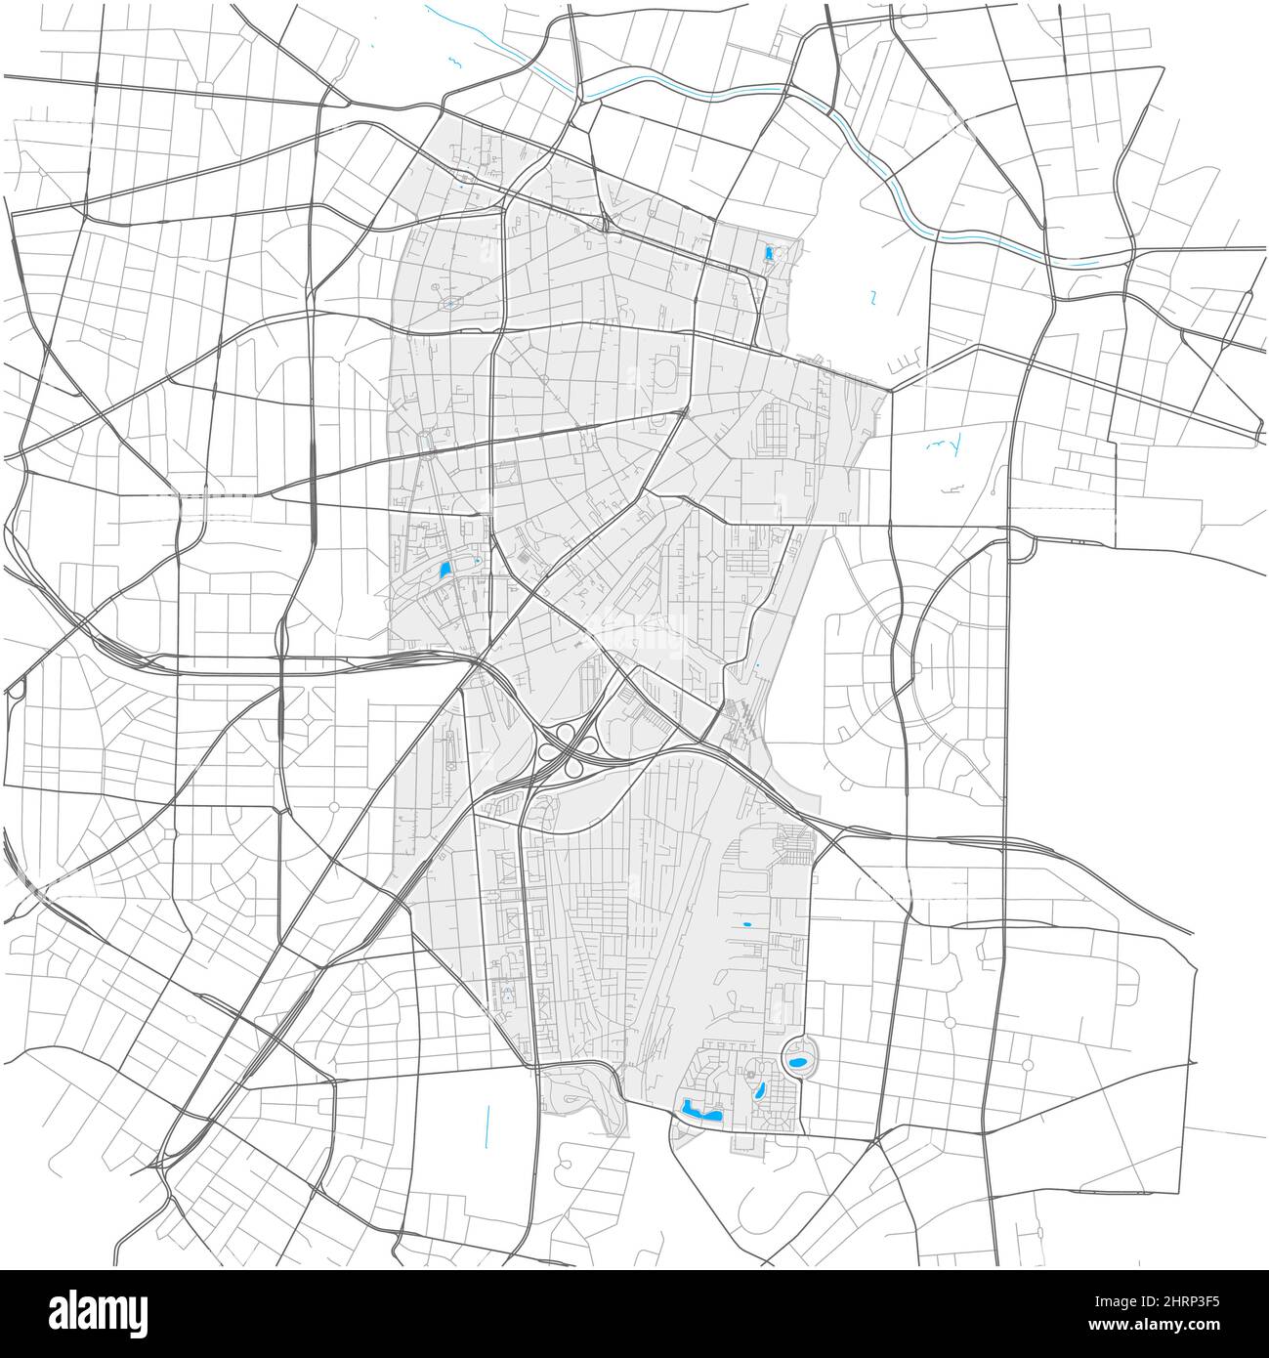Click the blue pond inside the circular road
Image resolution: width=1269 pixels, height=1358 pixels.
click(798, 1060)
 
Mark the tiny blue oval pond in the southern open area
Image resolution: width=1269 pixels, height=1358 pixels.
click(747, 923)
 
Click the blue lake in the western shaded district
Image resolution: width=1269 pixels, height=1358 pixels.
click(444, 570)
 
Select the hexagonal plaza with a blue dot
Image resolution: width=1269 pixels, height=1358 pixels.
click(449, 303)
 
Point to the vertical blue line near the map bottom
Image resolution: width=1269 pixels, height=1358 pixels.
click(486, 1124)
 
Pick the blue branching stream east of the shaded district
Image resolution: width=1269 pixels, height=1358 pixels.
click(948, 446)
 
